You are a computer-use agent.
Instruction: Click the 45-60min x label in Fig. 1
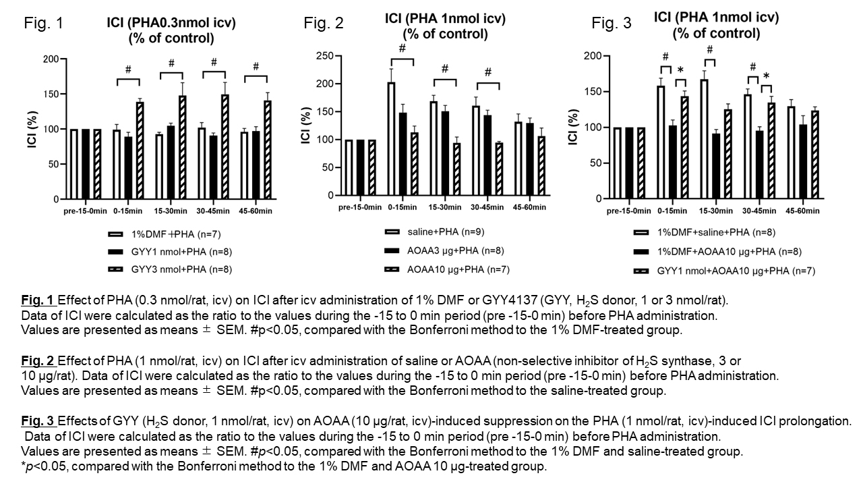click(x=256, y=211)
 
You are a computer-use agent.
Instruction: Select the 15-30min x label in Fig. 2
click(x=445, y=207)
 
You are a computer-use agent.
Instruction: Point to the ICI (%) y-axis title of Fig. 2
click(x=307, y=126)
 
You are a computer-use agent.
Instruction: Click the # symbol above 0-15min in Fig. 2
click(x=402, y=49)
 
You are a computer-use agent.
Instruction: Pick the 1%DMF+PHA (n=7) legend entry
click(x=166, y=234)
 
